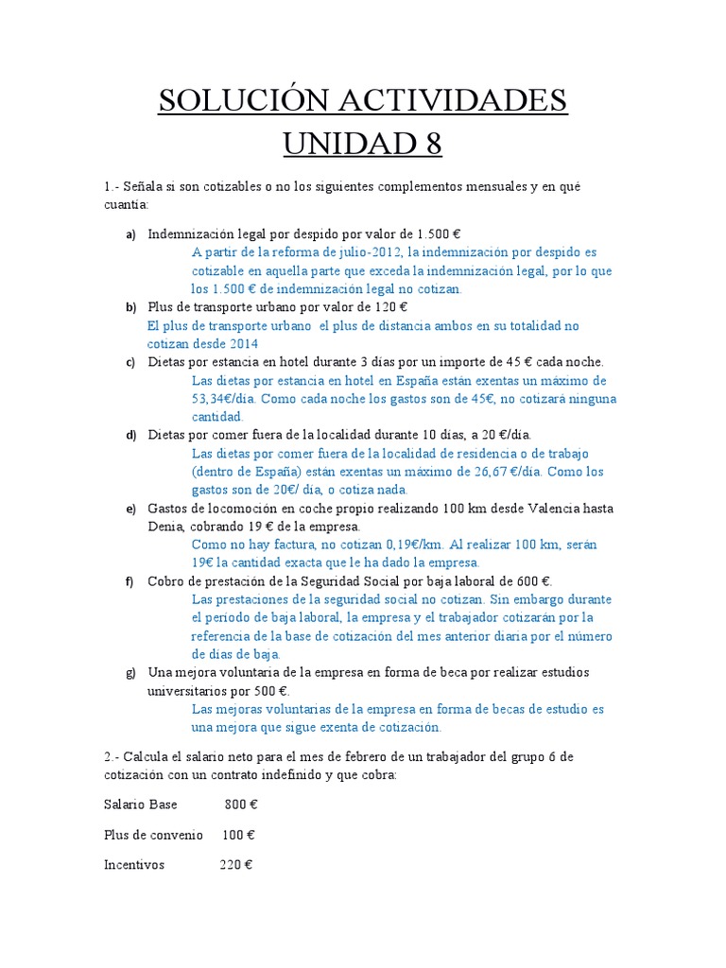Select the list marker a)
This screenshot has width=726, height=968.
(x=131, y=234)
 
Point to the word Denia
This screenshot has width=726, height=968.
(x=167, y=527)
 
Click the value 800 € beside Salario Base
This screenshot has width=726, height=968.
(x=241, y=806)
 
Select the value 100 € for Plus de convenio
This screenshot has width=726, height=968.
(x=238, y=836)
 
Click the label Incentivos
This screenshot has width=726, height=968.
(x=134, y=865)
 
